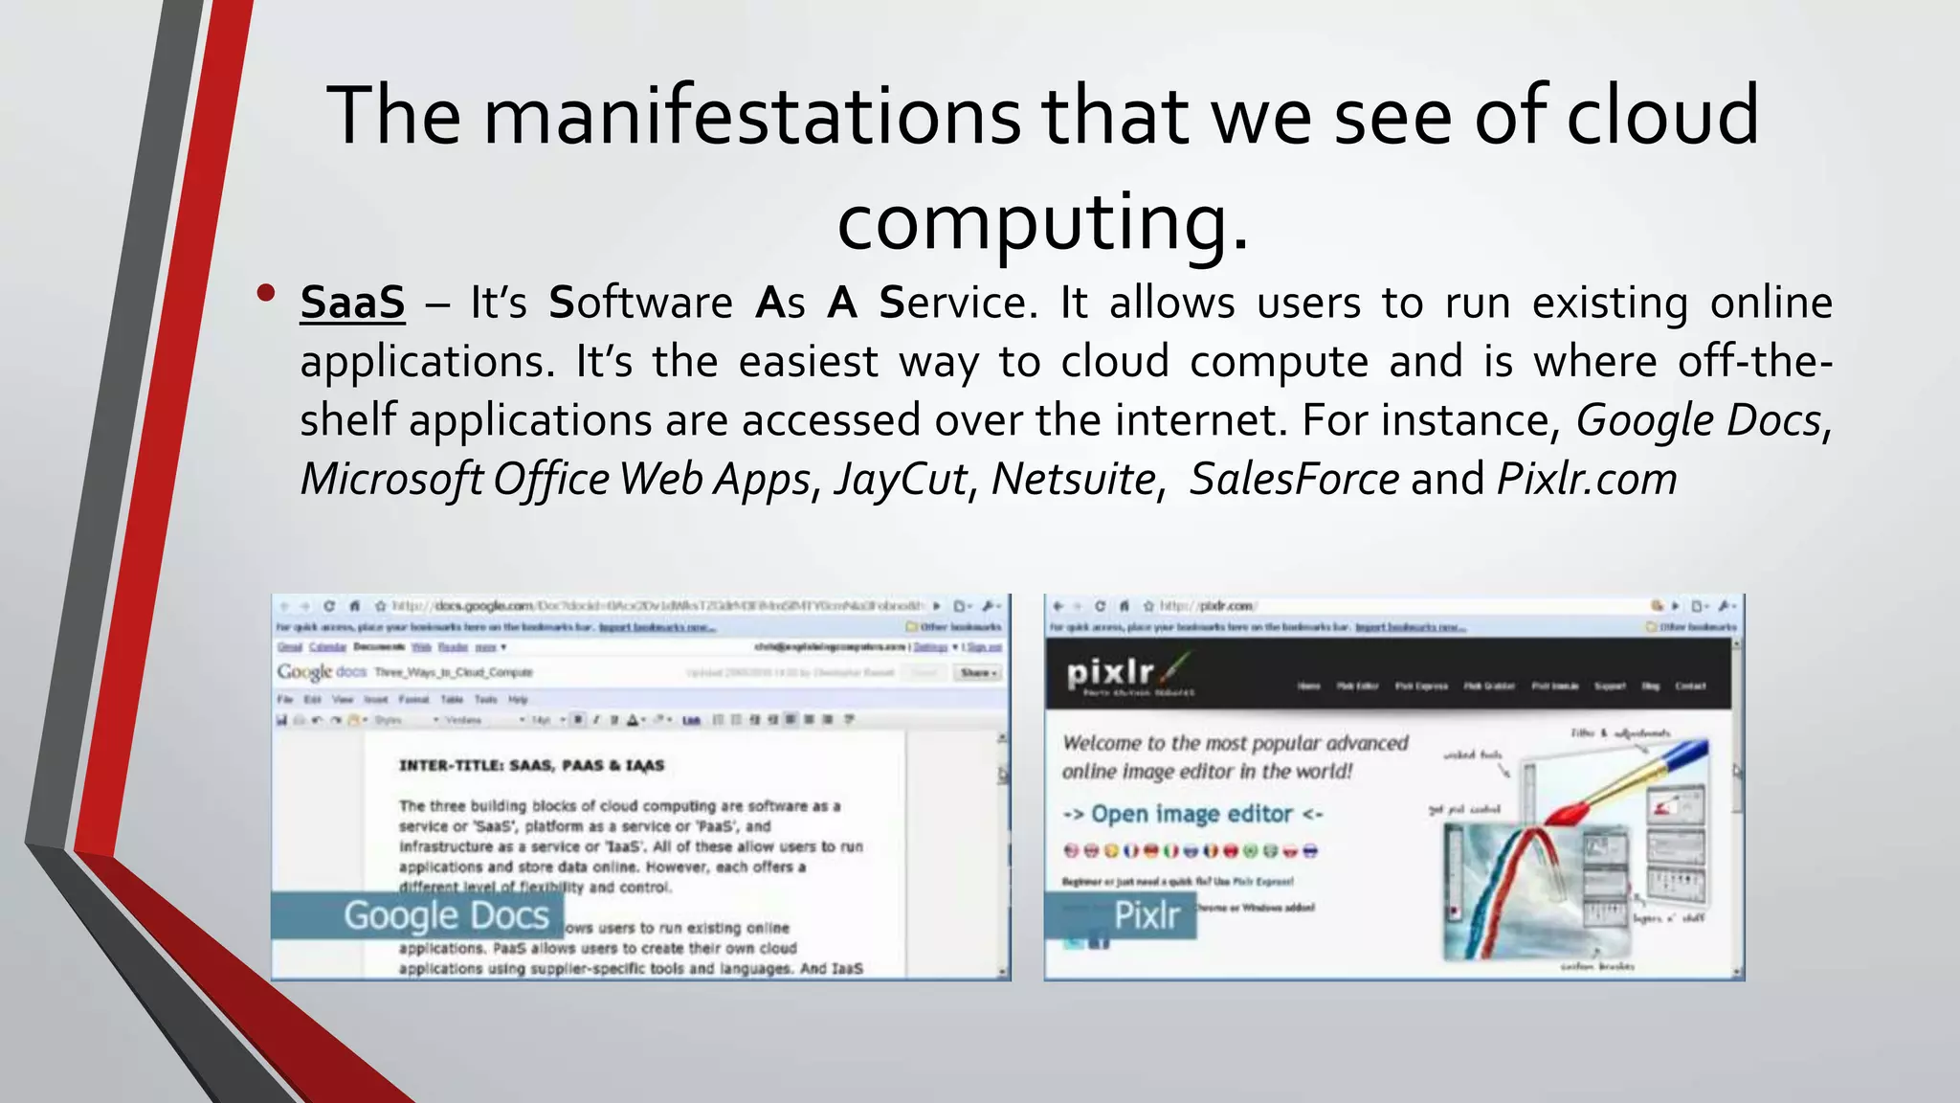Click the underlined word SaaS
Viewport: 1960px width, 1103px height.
coord(352,303)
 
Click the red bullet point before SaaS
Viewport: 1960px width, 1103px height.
coord(266,293)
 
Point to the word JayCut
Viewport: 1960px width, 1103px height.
coord(901,479)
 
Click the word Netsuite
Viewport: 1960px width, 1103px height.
coord(1073,479)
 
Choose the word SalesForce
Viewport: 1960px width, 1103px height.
coord(1294,479)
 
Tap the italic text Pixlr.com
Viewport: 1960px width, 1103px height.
coord(1587,479)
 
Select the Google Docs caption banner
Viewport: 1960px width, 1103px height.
coord(417,915)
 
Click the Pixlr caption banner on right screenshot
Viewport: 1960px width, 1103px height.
coord(1121,915)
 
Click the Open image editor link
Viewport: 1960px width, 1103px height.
coord(1192,814)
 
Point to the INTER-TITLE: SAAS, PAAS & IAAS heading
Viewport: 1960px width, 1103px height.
coord(531,765)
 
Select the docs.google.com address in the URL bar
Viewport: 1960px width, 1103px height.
coord(483,606)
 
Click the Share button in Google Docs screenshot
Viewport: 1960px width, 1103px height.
coord(978,673)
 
